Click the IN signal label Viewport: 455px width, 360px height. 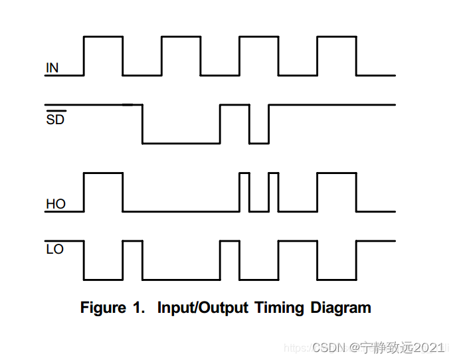tap(52, 68)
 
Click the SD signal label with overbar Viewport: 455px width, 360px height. tap(55, 120)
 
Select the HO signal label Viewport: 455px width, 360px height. tap(56, 204)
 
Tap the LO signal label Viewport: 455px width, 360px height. tap(55, 250)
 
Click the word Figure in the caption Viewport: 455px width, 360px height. tap(103, 308)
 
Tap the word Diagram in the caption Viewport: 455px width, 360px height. tap(339, 308)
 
